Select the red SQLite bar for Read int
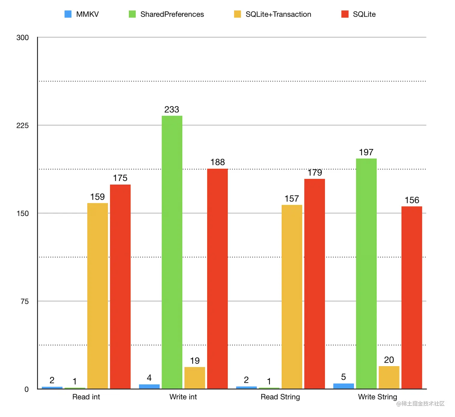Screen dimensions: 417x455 [x=120, y=286]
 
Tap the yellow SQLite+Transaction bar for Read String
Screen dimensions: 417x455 [x=292, y=297]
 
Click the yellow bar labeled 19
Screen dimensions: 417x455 [x=195, y=378]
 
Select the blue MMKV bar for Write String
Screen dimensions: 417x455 [x=343, y=386]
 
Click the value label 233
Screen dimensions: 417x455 [x=172, y=110]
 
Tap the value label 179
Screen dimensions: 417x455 [x=315, y=173]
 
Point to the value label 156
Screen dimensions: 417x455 [x=412, y=200]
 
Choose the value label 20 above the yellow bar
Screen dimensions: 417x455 [x=389, y=360]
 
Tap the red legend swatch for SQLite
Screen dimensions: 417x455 [x=345, y=14]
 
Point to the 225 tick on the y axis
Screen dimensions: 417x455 [x=23, y=126]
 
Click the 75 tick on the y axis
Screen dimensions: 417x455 [x=25, y=301]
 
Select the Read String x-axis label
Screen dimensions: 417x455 [x=280, y=397]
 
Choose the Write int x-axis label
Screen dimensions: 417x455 [x=183, y=397]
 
